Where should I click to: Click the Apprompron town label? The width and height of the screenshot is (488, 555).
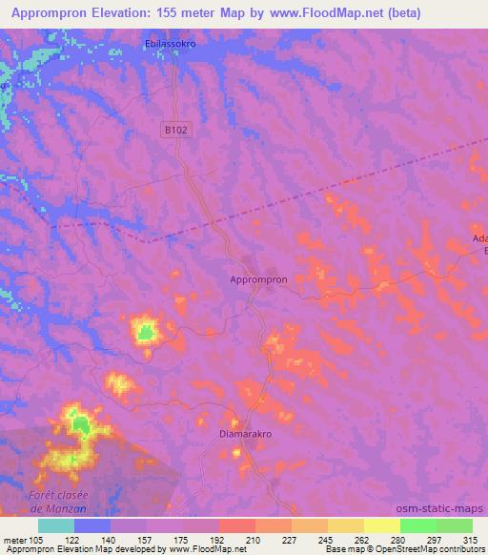259,279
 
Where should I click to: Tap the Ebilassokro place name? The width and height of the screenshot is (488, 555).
171,44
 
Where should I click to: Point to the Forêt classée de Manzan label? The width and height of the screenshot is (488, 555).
58,502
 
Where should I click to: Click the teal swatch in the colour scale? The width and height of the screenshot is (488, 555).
56,525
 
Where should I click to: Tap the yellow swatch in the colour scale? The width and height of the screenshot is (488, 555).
382,525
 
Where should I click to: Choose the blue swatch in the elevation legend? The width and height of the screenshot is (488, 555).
92,525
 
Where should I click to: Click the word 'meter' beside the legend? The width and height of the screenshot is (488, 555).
16,539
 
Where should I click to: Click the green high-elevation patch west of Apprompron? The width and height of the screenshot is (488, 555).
145,333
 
